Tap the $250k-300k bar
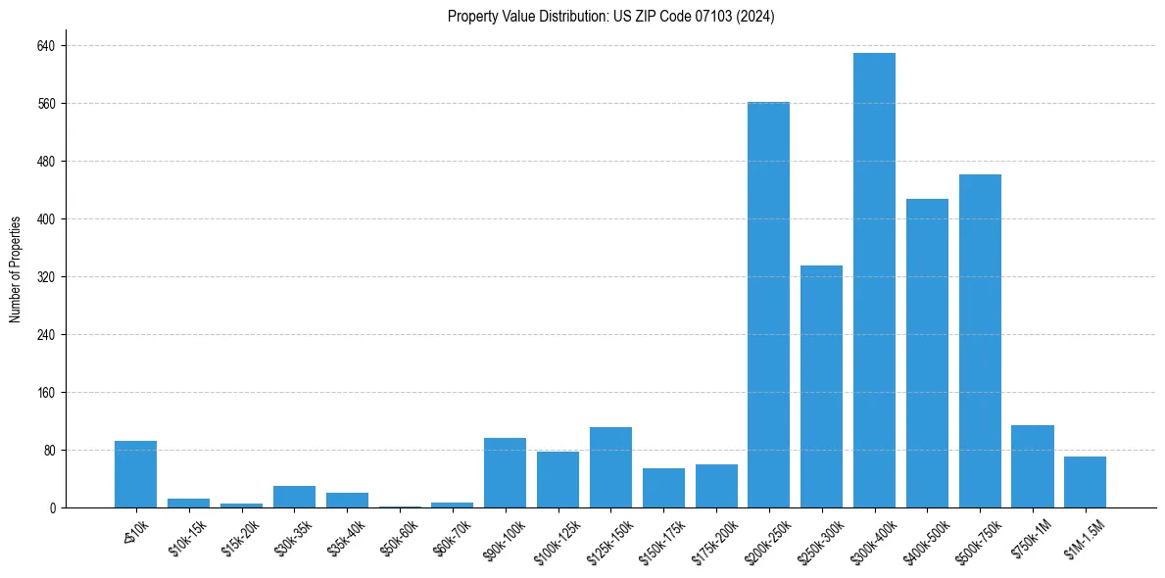821,386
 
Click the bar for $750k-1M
1033,466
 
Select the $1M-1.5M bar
1085,482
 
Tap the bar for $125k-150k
610,467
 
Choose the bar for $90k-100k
505,472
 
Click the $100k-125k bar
558,479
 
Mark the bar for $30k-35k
294,497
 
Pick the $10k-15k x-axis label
187,537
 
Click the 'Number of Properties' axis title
15,269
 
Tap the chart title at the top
610,17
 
